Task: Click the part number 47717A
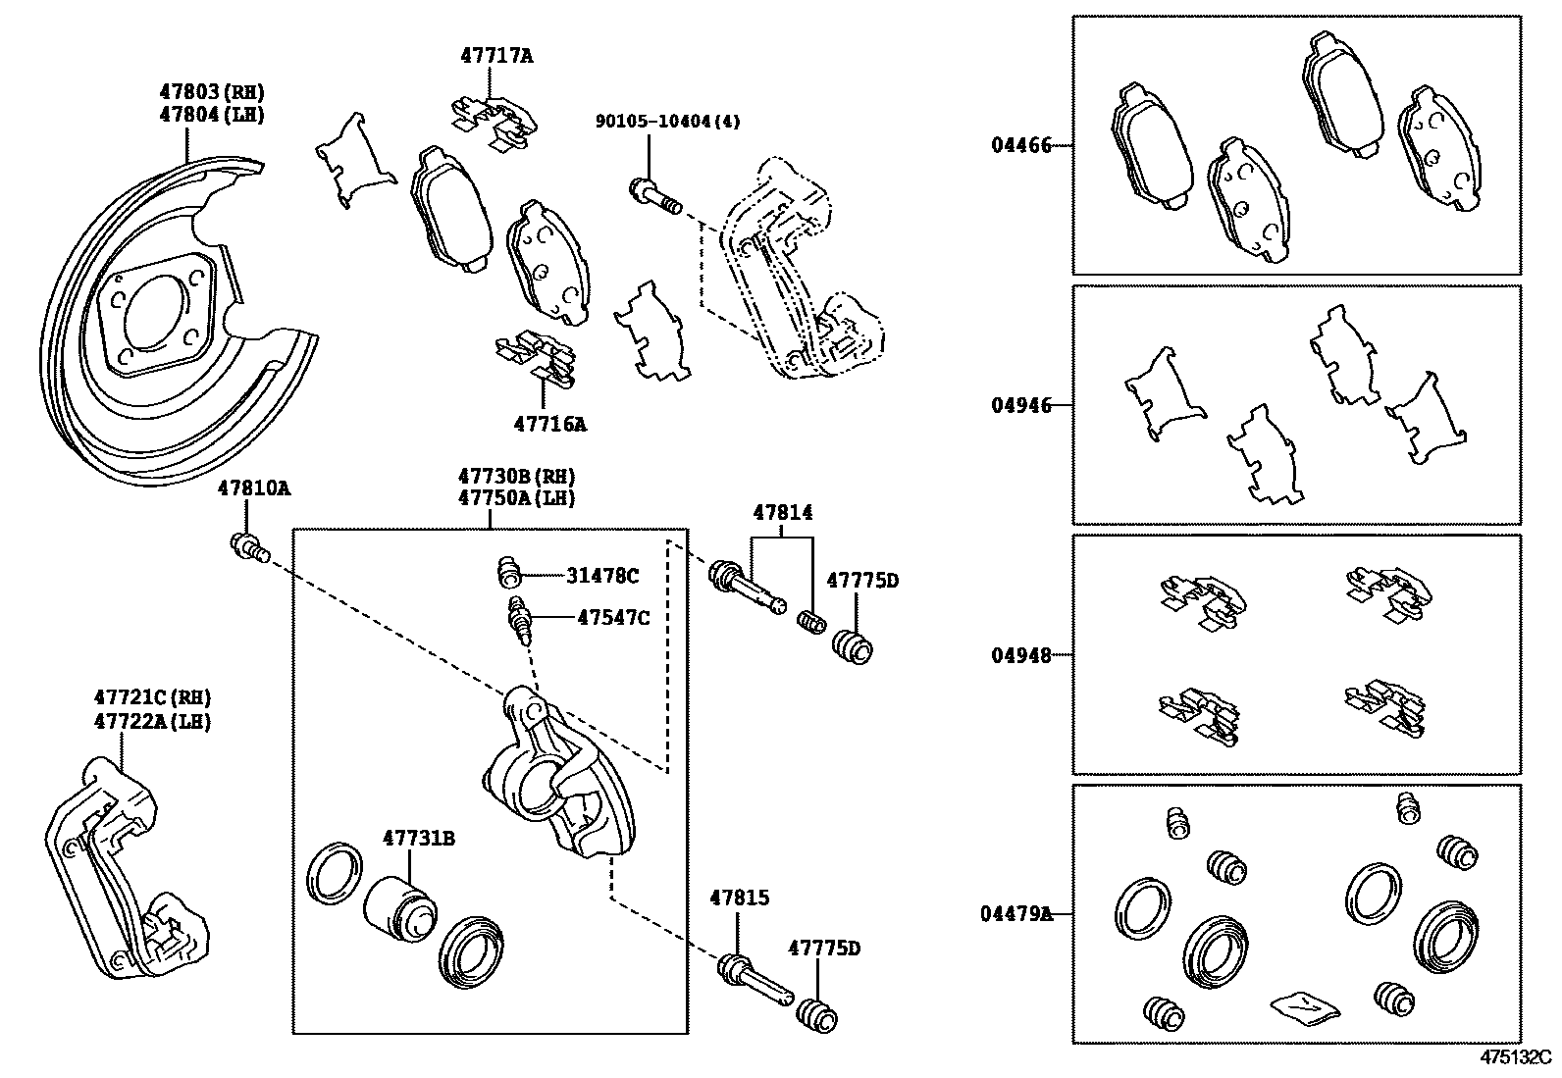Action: pyautogui.click(x=496, y=56)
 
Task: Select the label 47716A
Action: pyautogui.click(x=549, y=424)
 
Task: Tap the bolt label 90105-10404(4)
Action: pyautogui.click(x=667, y=122)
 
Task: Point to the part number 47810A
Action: pyautogui.click(x=254, y=488)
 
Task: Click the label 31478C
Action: pyautogui.click(x=601, y=576)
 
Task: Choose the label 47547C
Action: pyautogui.click(x=613, y=617)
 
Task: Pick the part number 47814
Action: pyautogui.click(x=782, y=512)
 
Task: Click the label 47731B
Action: pyautogui.click(x=419, y=839)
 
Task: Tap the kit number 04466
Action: pyautogui.click(x=1020, y=146)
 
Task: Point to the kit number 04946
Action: pyautogui.click(x=1020, y=405)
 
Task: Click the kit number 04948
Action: pyautogui.click(x=1020, y=654)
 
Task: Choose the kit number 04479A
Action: pyautogui.click(x=1015, y=914)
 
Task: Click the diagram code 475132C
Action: pyautogui.click(x=1515, y=1058)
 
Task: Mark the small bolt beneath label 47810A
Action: pyautogui.click(x=248, y=546)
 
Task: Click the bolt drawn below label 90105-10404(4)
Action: pyautogui.click(x=655, y=196)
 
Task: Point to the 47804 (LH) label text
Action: pyautogui.click(x=212, y=114)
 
